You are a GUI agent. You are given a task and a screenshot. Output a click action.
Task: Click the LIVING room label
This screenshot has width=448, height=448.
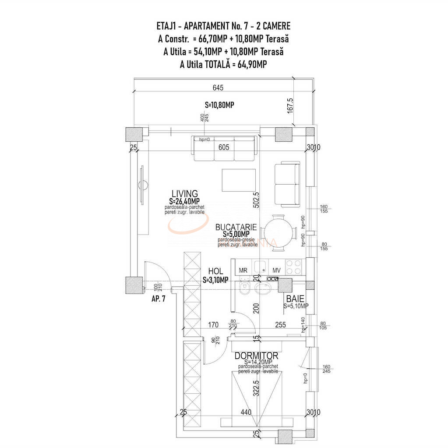[x=184, y=193]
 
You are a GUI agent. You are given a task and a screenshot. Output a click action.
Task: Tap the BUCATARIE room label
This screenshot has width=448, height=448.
[x=236, y=227]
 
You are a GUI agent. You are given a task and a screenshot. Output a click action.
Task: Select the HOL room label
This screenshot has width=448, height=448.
[x=215, y=271]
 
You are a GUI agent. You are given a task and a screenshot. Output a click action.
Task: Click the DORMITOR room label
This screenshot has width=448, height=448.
[x=256, y=356]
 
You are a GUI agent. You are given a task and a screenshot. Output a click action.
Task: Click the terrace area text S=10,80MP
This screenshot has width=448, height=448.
[x=219, y=105]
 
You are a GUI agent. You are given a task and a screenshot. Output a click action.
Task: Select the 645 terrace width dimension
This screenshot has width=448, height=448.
[x=218, y=87]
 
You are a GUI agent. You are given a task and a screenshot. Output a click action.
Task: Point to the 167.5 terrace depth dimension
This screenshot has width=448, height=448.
[x=291, y=105]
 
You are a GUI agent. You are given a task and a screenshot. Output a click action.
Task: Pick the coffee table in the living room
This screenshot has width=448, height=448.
[x=239, y=180]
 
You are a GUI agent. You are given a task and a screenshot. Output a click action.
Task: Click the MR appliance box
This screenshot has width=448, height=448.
[x=243, y=270]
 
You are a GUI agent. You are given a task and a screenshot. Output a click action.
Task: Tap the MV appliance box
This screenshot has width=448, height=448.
[x=276, y=270]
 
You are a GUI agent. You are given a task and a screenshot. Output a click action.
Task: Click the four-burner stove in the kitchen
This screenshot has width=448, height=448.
[x=294, y=265]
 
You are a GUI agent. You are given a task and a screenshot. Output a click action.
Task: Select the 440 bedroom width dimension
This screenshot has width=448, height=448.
[x=245, y=412]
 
